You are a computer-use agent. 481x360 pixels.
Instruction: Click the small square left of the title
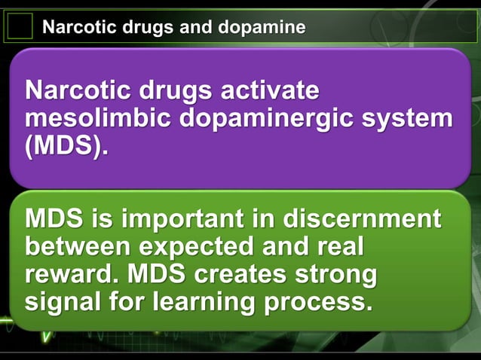pos(20,27)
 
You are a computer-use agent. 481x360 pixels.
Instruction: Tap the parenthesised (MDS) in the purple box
pos(66,146)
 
